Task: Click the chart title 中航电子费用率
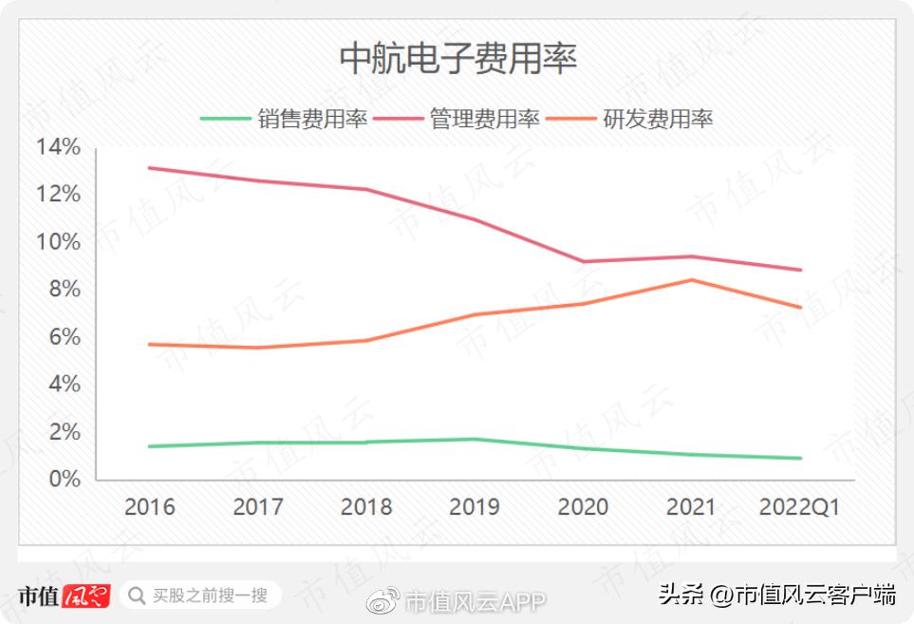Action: click(458, 59)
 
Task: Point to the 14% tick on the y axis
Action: click(58, 147)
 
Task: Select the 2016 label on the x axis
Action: click(150, 507)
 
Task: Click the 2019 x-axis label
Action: click(475, 507)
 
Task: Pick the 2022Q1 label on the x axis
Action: click(799, 507)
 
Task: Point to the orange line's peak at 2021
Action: click(691, 279)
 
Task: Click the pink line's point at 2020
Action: click(583, 261)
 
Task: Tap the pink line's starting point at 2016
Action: click(150, 168)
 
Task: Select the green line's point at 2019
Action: click(475, 439)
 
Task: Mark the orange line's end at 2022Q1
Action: click(800, 307)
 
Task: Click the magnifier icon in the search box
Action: click(137, 596)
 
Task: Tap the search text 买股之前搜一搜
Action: click(210, 596)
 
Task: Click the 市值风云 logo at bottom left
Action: click(64, 596)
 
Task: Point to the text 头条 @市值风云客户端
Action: click(777, 596)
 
